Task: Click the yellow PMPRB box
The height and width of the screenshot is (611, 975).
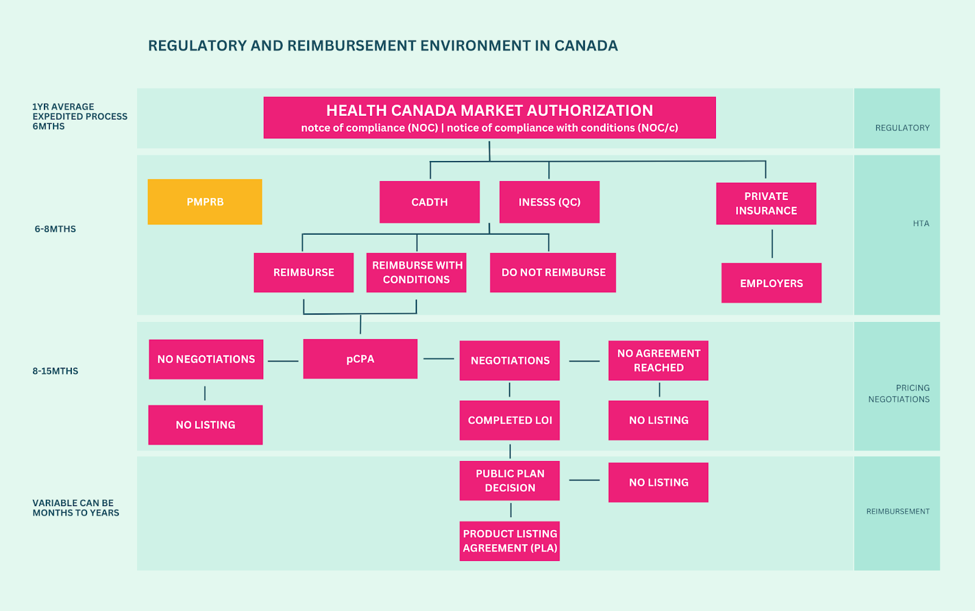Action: click(205, 202)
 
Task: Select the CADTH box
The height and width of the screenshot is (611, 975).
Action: click(430, 202)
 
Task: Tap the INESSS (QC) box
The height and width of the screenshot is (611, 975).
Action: click(549, 202)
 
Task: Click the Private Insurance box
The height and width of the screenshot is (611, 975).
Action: click(766, 204)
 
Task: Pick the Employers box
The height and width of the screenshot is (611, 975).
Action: click(771, 283)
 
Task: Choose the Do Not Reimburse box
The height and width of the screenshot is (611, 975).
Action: click(553, 273)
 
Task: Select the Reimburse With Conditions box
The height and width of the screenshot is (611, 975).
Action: click(416, 273)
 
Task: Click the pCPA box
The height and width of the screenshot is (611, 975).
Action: click(360, 359)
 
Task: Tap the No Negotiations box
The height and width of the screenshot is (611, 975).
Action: click(206, 359)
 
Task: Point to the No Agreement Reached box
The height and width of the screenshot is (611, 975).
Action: click(658, 360)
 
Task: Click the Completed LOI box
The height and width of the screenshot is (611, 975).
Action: click(509, 420)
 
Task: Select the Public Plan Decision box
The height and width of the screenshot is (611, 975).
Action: click(509, 481)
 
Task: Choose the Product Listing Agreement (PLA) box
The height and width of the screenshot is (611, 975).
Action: click(509, 541)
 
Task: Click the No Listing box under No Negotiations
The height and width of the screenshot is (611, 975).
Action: click(205, 425)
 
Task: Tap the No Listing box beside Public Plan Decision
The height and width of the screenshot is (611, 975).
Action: click(658, 482)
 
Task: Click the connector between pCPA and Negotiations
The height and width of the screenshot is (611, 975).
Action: click(439, 359)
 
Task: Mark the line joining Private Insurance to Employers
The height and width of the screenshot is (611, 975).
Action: click(772, 244)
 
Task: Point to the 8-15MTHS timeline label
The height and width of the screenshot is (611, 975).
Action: click(55, 371)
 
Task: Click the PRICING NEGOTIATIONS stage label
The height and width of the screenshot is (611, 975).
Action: click(899, 393)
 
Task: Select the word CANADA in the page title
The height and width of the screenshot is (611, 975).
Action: click(586, 46)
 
